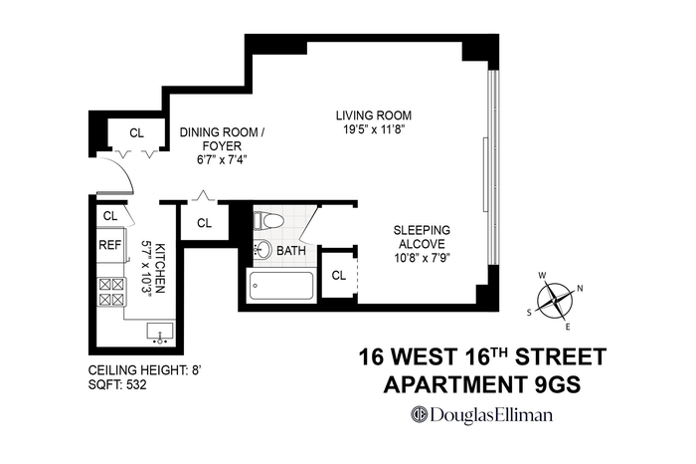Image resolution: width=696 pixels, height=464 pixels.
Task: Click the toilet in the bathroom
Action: [x=268, y=221]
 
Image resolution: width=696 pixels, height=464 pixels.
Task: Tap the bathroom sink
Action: [x=262, y=249]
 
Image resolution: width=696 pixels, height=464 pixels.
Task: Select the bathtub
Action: [x=281, y=286]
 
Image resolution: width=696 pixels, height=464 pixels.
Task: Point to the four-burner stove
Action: [x=111, y=292]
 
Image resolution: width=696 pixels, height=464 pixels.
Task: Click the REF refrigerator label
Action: [x=109, y=245]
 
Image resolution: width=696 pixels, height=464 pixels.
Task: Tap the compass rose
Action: [x=555, y=301]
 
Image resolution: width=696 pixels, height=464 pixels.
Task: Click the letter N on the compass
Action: [x=580, y=289]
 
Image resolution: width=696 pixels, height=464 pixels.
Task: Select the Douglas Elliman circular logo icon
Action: [x=419, y=414]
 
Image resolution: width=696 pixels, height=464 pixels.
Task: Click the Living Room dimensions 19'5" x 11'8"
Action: [x=374, y=129]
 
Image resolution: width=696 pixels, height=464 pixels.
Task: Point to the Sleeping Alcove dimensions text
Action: [x=423, y=258]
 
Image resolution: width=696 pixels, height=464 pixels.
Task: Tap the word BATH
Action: [x=291, y=251]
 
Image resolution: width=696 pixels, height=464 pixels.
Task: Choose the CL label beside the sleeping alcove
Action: [x=339, y=276]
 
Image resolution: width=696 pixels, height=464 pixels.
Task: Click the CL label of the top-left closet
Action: [x=137, y=132]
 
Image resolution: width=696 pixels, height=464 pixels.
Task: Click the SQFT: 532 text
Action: [x=117, y=384]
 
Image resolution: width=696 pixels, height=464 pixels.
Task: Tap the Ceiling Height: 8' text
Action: [x=145, y=370]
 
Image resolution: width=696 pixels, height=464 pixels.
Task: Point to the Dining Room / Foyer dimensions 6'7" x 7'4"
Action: [x=222, y=160]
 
